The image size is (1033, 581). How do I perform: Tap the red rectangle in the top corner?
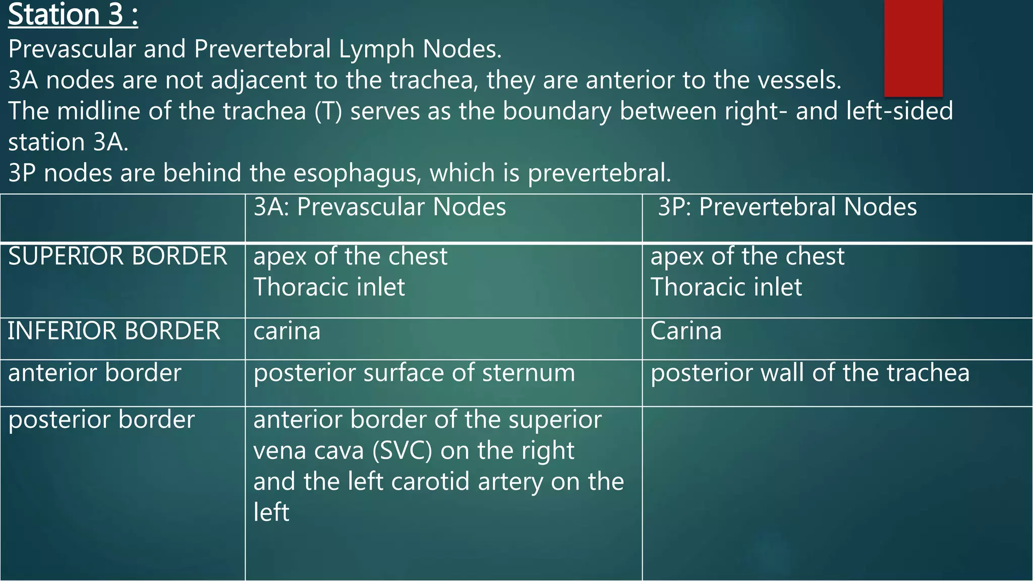click(x=913, y=48)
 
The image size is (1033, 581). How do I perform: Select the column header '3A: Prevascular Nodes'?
click(x=379, y=207)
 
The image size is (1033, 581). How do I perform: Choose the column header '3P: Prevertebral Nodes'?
click(x=787, y=207)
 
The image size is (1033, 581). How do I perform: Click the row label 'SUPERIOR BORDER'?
click(x=118, y=256)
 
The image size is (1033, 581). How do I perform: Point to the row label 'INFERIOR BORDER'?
click(x=114, y=331)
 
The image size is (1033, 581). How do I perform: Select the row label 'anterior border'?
click(x=95, y=373)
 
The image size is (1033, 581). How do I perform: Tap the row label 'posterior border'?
click(x=101, y=420)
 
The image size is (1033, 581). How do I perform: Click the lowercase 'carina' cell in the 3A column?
click(x=286, y=331)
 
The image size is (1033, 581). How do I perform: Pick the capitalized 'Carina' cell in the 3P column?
click(x=686, y=331)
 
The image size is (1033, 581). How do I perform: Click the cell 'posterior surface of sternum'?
click(x=414, y=373)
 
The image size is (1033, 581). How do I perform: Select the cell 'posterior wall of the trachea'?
click(x=810, y=373)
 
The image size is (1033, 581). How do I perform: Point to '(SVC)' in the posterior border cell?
click(x=402, y=451)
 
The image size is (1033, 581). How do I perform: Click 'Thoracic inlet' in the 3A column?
click(x=329, y=287)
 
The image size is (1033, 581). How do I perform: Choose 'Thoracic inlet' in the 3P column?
click(x=726, y=287)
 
